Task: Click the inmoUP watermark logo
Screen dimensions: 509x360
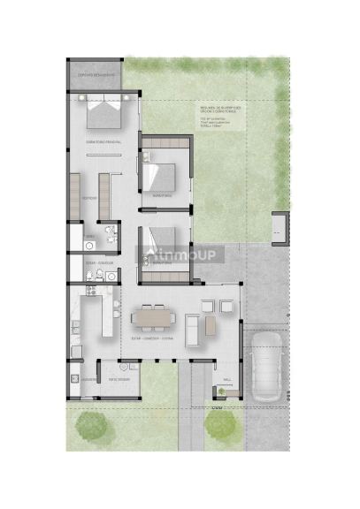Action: pos(180,254)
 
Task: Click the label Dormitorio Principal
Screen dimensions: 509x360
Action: pos(103,141)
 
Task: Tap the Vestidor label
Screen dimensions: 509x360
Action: pos(89,199)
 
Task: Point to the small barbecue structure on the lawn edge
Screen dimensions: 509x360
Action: pos(280,227)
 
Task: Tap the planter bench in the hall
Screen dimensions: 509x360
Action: pos(218,391)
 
